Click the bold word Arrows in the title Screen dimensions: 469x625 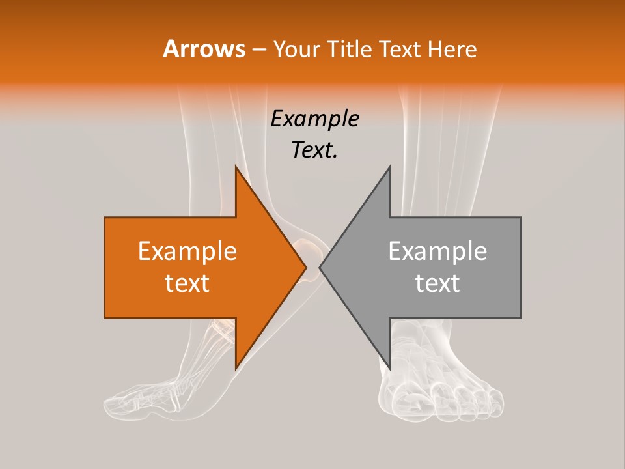(x=204, y=49)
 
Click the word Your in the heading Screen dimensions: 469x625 (x=296, y=49)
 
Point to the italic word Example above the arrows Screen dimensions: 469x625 (x=314, y=119)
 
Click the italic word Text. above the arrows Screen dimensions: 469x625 (x=314, y=150)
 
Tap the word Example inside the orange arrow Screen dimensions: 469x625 (x=187, y=251)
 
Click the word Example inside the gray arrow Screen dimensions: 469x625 (x=437, y=251)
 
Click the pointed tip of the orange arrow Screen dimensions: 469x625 (x=306, y=267)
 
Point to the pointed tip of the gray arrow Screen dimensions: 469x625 (x=320, y=267)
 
